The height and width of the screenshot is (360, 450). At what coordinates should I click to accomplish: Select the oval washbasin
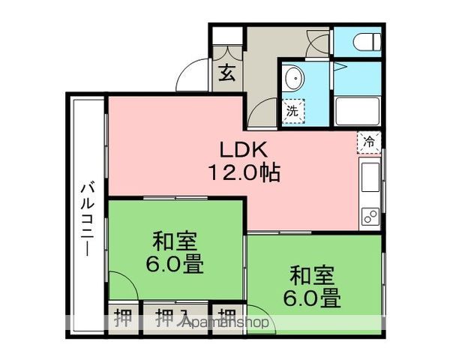(294, 77)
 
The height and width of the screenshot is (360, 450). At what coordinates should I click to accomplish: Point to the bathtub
(358, 111)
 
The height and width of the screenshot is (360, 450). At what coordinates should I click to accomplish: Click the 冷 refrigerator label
(369, 141)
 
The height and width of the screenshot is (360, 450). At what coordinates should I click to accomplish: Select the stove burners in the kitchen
(370, 215)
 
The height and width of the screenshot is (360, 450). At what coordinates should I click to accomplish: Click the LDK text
(243, 148)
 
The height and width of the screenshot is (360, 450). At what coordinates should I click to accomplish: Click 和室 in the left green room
(175, 241)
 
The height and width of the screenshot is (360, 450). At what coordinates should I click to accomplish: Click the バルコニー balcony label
(88, 217)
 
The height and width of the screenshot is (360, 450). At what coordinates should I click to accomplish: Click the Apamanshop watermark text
(224, 322)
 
